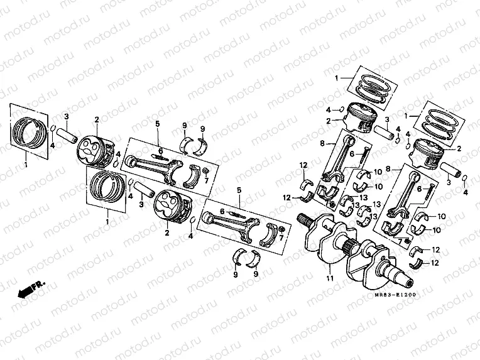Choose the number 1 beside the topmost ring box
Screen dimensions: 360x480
336,78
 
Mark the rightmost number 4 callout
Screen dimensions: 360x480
466,192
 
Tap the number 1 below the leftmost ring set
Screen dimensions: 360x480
26,165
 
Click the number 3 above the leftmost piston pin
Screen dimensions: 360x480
66,116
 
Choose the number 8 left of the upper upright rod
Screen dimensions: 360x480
322,144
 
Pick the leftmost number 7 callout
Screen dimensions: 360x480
206,182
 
